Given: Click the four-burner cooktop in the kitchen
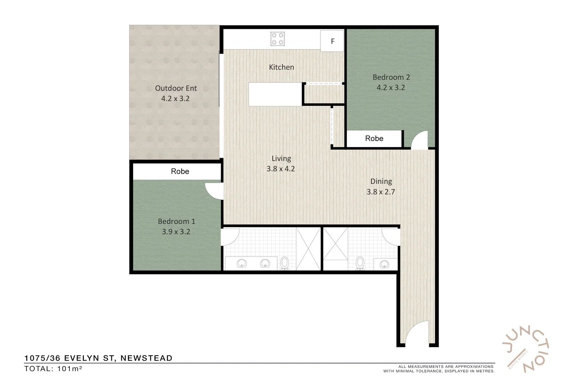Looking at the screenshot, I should (x=278, y=39).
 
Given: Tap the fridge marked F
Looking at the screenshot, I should (x=332, y=41).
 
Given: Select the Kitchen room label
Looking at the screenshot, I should (x=281, y=67).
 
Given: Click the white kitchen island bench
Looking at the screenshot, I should (x=275, y=94).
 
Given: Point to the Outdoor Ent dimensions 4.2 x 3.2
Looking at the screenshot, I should (x=175, y=99).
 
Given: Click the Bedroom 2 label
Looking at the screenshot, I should (x=391, y=77).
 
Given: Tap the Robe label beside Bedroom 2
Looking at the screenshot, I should (x=374, y=139).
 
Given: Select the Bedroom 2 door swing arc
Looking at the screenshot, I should (x=420, y=140).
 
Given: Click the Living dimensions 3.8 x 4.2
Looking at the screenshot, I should (x=281, y=169).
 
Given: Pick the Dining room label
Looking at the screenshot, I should (x=381, y=182).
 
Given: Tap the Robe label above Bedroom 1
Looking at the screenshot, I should (x=180, y=171).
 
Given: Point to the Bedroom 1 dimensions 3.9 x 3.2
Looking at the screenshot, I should (x=176, y=232).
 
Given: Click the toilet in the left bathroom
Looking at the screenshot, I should (x=285, y=263).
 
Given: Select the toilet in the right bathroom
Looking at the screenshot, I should (x=360, y=263).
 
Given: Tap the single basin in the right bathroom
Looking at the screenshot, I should (x=384, y=264).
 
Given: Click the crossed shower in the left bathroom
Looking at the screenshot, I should (x=308, y=249).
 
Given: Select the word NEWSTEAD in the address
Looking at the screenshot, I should (x=146, y=358).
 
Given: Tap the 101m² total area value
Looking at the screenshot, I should (x=69, y=369).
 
